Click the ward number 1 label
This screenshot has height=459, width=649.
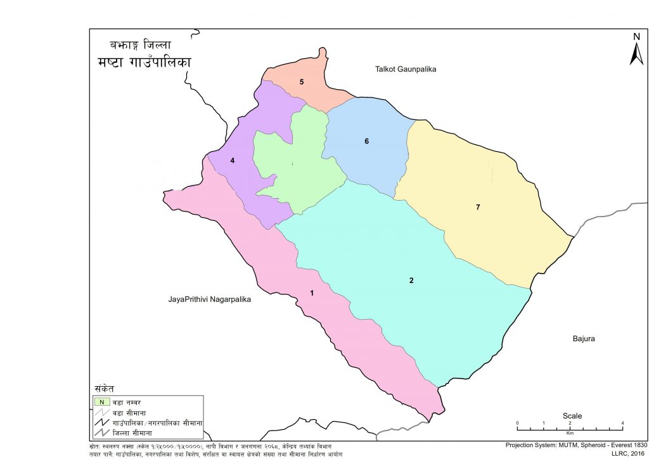(311, 292)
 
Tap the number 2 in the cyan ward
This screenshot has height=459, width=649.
(411, 280)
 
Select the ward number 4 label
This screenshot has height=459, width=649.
(233, 161)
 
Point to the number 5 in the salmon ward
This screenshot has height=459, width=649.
(302, 82)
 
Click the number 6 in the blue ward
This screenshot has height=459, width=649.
(366, 141)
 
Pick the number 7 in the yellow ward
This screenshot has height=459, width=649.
(478, 207)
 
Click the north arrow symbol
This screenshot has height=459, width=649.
(636, 54)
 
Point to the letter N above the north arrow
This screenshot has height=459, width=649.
(636, 37)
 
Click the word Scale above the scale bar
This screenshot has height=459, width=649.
(572, 416)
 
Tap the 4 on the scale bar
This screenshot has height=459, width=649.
(623, 423)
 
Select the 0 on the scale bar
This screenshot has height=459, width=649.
(517, 423)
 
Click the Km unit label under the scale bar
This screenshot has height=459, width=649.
(570, 434)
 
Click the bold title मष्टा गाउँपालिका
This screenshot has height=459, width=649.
(145, 63)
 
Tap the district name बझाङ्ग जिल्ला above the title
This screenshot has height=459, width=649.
(139, 46)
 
